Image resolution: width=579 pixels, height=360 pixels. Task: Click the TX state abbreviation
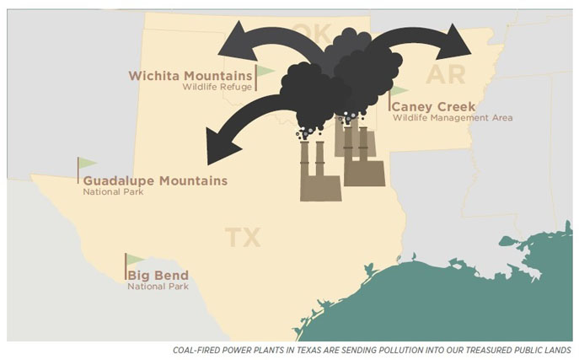(x=242, y=238)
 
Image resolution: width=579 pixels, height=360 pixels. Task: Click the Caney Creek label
(x=434, y=107)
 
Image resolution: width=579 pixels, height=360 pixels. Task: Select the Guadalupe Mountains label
(x=155, y=180)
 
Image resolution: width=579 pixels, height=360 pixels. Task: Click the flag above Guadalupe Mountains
(x=87, y=164)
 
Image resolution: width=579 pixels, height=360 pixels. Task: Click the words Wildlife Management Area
(x=452, y=118)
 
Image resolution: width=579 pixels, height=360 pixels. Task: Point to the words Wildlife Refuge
(x=217, y=87)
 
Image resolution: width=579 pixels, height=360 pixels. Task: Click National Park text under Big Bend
(x=158, y=287)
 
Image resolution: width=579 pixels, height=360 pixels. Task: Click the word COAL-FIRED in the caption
(x=197, y=350)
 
